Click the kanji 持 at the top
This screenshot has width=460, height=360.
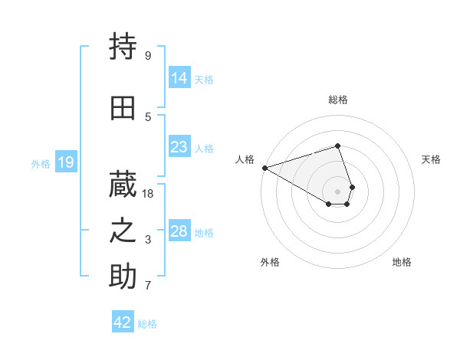tap(123, 47)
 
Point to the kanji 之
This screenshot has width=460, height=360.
tap(123, 231)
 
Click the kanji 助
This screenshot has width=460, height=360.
tap(123, 277)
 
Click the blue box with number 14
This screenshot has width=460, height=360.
tap(179, 78)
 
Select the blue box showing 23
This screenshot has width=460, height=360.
tap(179, 147)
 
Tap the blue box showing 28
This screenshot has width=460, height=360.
tap(179, 231)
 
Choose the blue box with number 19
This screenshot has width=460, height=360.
tap(65, 162)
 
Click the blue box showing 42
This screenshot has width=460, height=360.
tap(123, 322)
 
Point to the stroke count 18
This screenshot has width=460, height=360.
tap(149, 194)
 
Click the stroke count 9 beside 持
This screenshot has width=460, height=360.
tap(148, 56)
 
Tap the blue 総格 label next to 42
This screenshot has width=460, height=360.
tap(147, 324)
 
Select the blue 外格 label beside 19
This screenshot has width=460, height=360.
tap(41, 163)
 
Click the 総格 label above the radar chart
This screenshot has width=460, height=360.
tap(337, 100)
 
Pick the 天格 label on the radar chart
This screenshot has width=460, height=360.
tap(431, 159)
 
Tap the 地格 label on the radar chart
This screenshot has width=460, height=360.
tap(402, 262)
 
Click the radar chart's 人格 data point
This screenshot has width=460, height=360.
tap(264, 168)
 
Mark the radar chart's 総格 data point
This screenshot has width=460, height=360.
tap(337, 146)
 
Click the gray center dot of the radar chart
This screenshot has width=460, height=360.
tap(337, 191)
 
